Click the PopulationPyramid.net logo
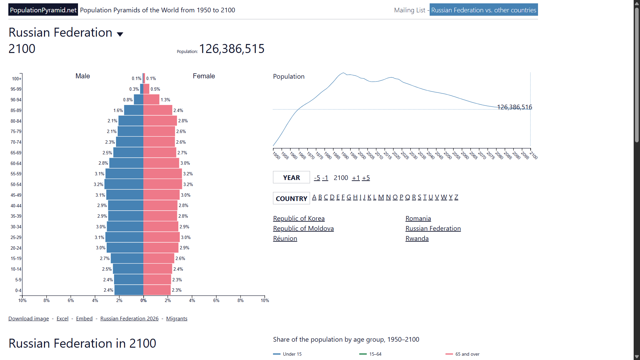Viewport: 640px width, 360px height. pyautogui.click(x=43, y=10)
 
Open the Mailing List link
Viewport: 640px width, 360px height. pyautogui.click(x=410, y=10)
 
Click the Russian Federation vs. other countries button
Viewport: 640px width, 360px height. pyautogui.click(x=484, y=10)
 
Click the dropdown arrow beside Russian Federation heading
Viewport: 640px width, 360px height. pyautogui.click(x=120, y=34)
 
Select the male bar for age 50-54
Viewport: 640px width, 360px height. pyautogui.click(x=124, y=184)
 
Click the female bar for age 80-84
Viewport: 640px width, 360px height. pyautogui.click(x=160, y=121)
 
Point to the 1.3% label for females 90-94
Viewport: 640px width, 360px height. pyautogui.click(x=165, y=100)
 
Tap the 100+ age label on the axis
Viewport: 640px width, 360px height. pyautogui.click(x=17, y=79)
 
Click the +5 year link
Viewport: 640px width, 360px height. pyautogui.click(x=366, y=178)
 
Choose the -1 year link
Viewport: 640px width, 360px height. pyautogui.click(x=325, y=178)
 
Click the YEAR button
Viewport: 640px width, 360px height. pyautogui.click(x=291, y=178)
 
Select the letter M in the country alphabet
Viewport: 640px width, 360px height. pyautogui.click(x=381, y=197)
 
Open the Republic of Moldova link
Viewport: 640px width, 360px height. pyautogui.click(x=303, y=228)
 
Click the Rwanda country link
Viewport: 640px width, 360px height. pyautogui.click(x=417, y=238)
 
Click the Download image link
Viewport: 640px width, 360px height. pyautogui.click(x=29, y=319)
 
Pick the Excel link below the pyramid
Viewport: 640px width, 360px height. pyautogui.click(x=62, y=319)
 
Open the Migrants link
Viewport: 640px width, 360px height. pyautogui.click(x=177, y=319)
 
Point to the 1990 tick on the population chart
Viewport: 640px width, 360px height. pyautogui.click(x=342, y=149)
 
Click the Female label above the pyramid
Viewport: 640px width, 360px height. pyautogui.click(x=204, y=76)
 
